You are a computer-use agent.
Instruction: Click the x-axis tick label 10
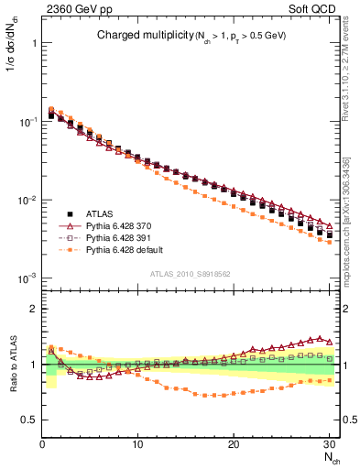coord(137,444)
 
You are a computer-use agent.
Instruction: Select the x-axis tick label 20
coord(234,444)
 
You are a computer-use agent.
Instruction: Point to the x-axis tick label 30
coord(329,444)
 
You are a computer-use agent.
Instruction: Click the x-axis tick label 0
coord(42,444)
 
